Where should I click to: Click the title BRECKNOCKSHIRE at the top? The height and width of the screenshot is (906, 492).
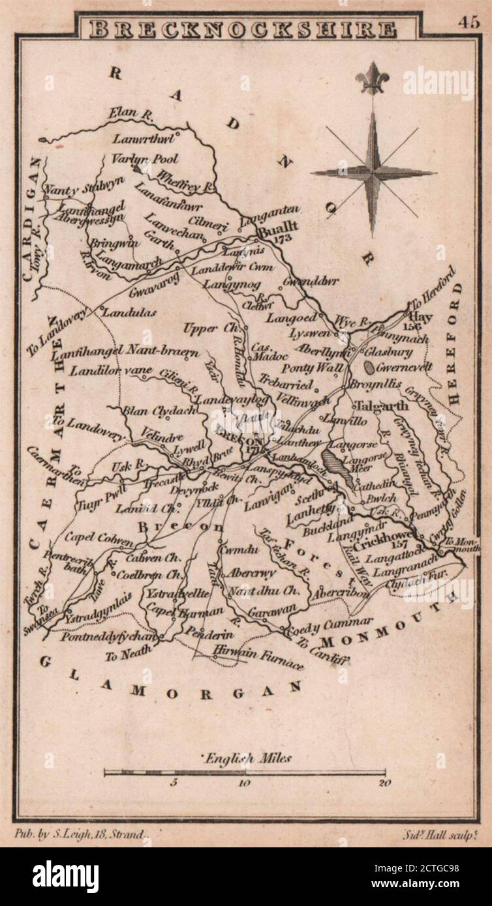[242, 29]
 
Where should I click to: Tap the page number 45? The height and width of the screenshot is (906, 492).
[468, 22]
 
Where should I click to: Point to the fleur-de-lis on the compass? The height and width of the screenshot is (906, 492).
[373, 79]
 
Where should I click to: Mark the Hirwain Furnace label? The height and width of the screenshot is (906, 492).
[258, 658]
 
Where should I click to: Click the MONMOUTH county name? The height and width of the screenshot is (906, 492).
[388, 622]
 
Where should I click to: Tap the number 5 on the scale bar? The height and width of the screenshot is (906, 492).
[174, 783]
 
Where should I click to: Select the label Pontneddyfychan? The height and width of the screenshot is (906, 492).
[110, 637]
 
